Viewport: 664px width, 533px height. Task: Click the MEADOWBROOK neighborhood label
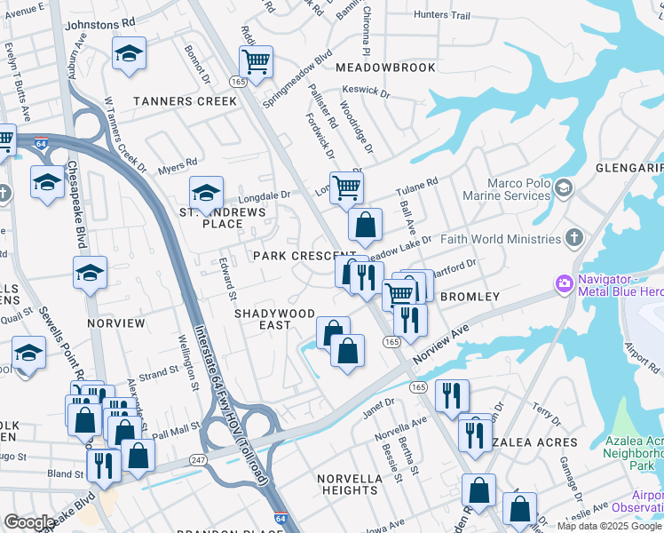(385, 68)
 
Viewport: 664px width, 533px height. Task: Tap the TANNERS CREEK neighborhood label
(186, 101)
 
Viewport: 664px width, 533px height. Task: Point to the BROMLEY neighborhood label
(470, 297)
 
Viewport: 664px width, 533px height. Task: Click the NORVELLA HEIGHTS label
(350, 484)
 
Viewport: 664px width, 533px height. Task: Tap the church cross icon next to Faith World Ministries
(574, 238)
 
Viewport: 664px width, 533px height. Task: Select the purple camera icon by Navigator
(563, 284)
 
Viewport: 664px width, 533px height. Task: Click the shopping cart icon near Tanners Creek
(256, 62)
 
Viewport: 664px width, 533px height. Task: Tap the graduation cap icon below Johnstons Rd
(130, 53)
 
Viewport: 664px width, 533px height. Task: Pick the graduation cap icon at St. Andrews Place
(206, 192)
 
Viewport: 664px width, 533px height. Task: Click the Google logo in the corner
(28, 522)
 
